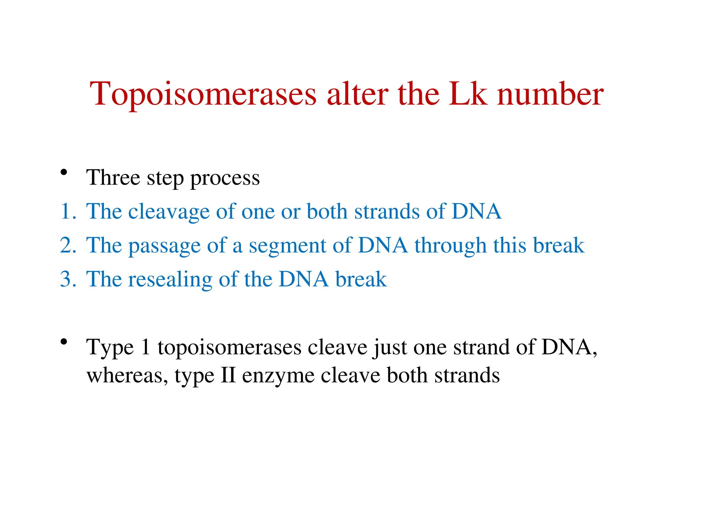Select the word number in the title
pos(550,93)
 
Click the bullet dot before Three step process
pos(63,172)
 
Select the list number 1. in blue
pos(68,211)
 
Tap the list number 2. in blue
pos(68,245)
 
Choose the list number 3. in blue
pos(68,279)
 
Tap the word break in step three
pos(361,279)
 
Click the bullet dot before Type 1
pos(63,341)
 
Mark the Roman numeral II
pos(228,375)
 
